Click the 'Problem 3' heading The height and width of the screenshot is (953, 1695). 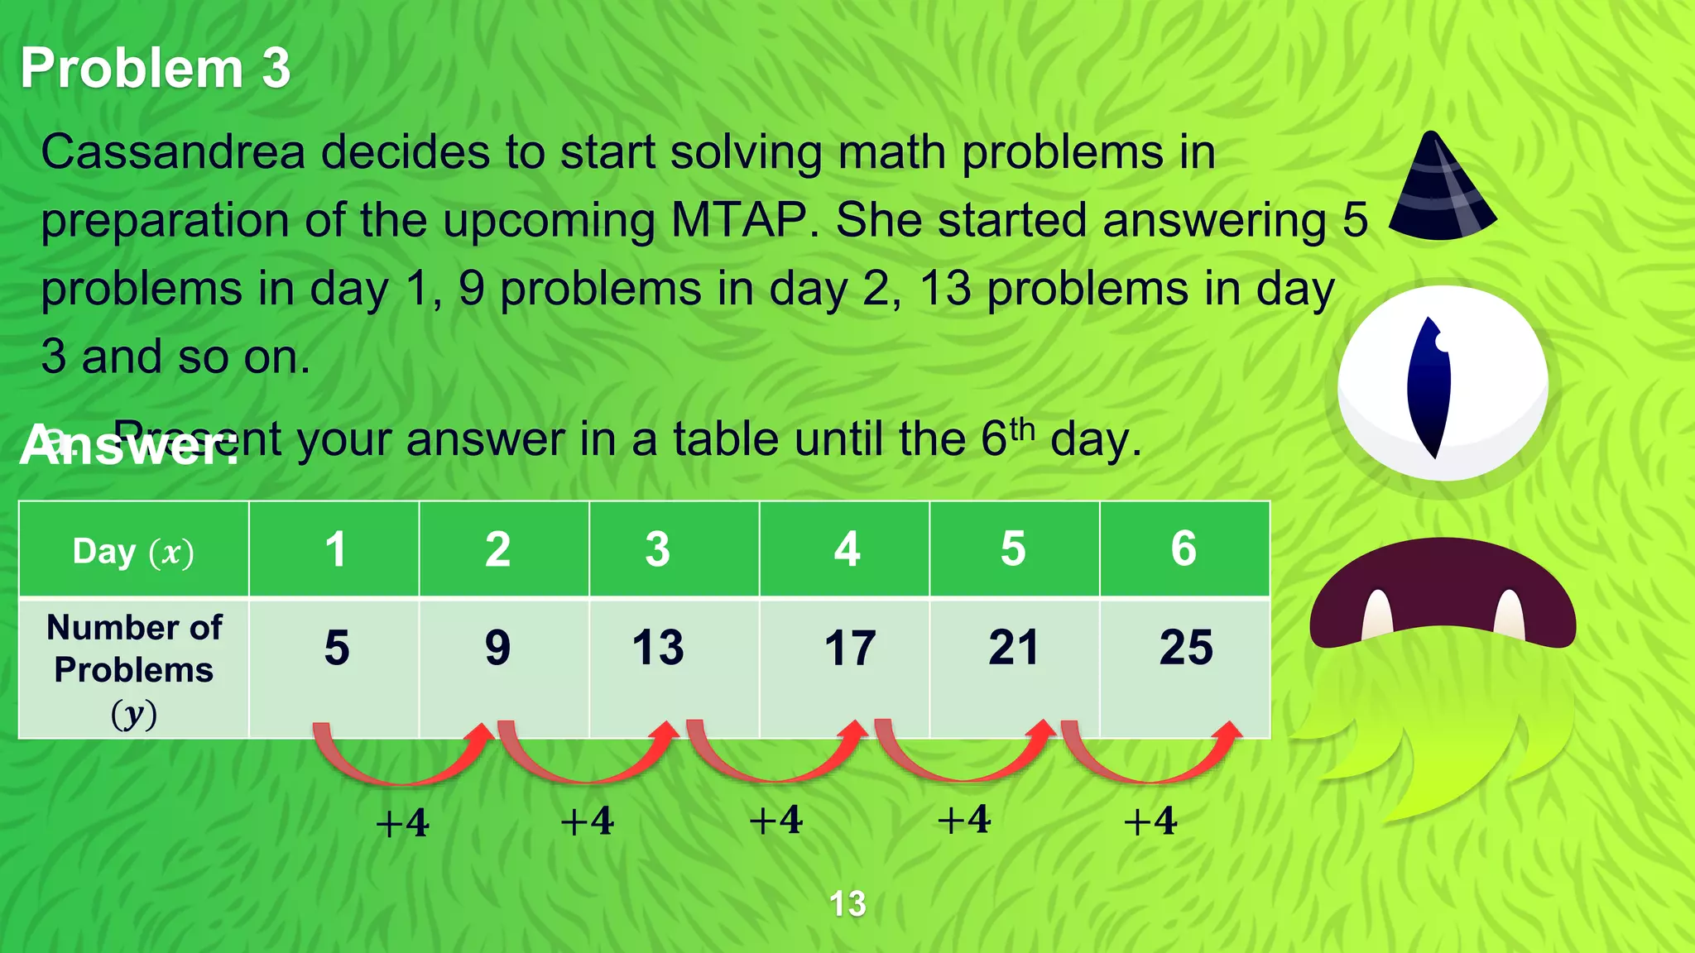pyautogui.click(x=156, y=68)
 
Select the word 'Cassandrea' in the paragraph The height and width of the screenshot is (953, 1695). pyautogui.click(x=173, y=153)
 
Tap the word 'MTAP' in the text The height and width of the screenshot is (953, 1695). pyautogui.click(x=738, y=221)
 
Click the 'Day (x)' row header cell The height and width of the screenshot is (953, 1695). pyautogui.click(x=133, y=551)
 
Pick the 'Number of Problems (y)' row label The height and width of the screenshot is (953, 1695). pyautogui.click(x=133, y=669)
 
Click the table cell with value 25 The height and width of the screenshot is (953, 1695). pyautogui.click(x=1185, y=648)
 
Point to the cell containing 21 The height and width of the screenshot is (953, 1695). pyautogui.click(x=1013, y=648)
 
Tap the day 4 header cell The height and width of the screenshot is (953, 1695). pyautogui.click(x=846, y=549)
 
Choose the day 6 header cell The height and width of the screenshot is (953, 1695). pyautogui.click(x=1184, y=549)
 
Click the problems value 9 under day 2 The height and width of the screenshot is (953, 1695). pyautogui.click(x=497, y=648)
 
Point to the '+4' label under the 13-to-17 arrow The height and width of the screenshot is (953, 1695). pyautogui.click(x=775, y=821)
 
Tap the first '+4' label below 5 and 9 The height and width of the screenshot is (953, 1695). pyautogui.click(x=402, y=823)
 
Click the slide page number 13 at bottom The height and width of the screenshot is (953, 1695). pyautogui.click(x=847, y=903)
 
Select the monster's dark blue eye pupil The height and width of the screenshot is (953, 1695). pyautogui.click(x=1429, y=386)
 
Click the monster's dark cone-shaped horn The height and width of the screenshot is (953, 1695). pyautogui.click(x=1441, y=189)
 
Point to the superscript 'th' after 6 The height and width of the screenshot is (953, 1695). pyautogui.click(x=1022, y=429)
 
